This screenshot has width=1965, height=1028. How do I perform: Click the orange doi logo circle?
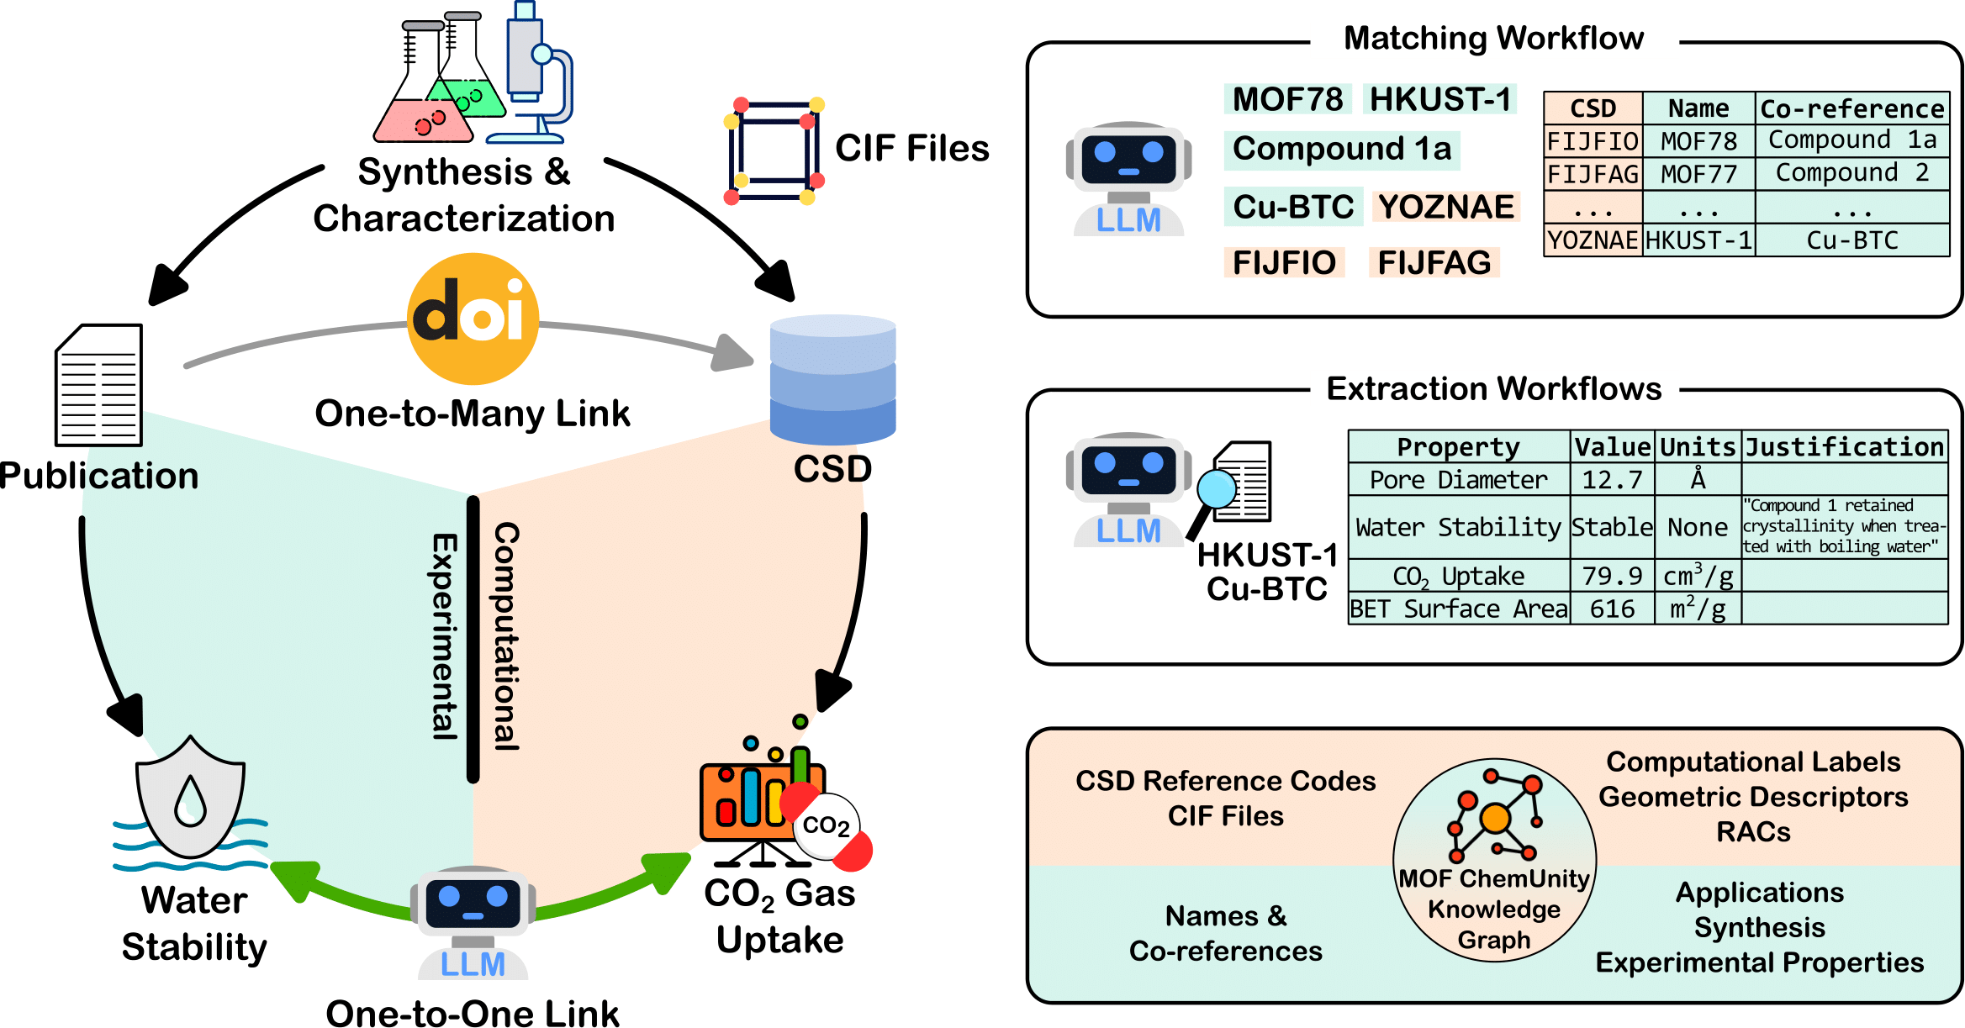coord(473,319)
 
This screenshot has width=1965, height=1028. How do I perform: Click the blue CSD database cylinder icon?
coord(832,380)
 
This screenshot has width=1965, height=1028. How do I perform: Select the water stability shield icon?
coord(191,799)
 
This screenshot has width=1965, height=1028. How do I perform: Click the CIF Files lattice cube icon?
coord(774,151)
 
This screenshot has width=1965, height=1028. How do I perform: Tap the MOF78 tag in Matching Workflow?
coord(1287,99)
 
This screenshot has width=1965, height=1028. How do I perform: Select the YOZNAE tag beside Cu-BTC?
coord(1445,207)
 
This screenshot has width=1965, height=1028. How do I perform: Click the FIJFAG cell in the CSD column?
coord(1593,174)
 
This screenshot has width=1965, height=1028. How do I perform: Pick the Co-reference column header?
coord(1851,108)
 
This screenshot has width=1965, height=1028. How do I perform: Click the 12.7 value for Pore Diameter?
coord(1612,480)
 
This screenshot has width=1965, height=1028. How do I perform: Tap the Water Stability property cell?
coord(1458,527)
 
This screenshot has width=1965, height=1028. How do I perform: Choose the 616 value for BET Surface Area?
coord(1612,609)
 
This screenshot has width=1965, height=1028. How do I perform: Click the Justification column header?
coord(1845,446)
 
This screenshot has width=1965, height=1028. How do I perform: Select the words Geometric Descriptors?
coord(1753,796)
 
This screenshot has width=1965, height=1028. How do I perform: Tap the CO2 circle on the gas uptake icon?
coord(826,825)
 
